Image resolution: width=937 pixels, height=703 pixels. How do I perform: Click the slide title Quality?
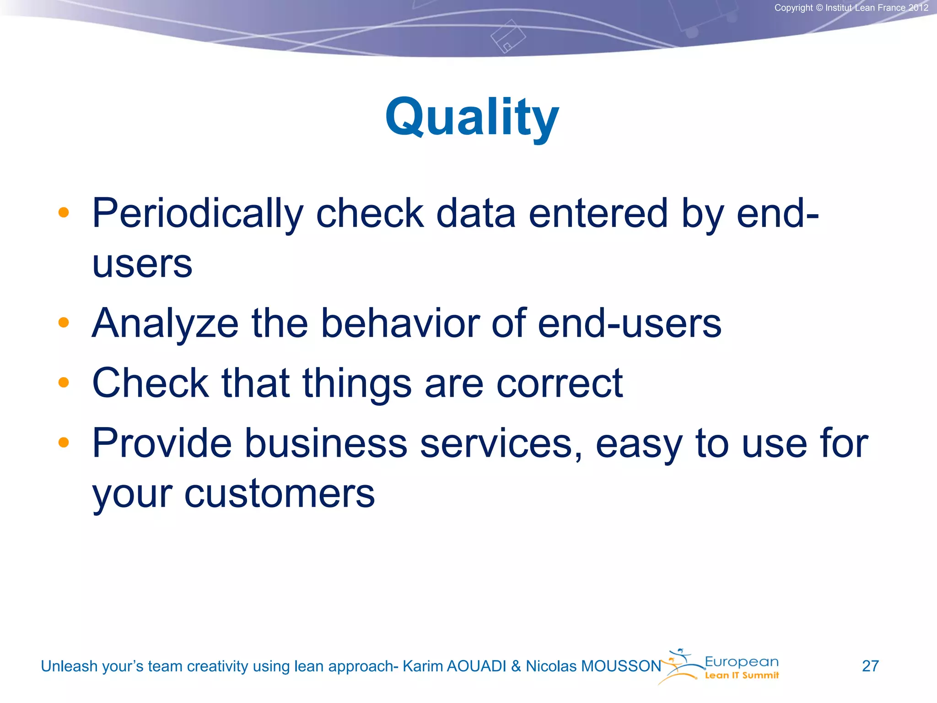pos(472,118)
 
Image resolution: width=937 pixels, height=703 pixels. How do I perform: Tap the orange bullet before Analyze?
pos(64,323)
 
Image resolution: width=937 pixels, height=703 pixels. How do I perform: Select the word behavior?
pos(400,323)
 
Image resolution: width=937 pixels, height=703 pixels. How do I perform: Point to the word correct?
pos(559,383)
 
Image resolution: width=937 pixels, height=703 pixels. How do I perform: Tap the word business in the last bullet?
pos(325,443)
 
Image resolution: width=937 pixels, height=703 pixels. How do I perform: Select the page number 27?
pos(870,666)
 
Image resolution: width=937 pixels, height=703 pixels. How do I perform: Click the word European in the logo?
pos(742,662)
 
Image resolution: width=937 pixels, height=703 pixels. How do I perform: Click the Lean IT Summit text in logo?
pos(742,676)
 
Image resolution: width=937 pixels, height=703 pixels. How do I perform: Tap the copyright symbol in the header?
pos(819,8)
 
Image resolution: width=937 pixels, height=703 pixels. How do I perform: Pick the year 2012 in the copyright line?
pos(918,8)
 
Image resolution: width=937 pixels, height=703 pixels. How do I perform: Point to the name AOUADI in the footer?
pos(476,666)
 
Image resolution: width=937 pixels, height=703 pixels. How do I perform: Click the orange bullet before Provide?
pos(64,443)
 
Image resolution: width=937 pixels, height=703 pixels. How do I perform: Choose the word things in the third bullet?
pos(357,383)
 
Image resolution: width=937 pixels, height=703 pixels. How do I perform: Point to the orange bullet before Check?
pos(64,383)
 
